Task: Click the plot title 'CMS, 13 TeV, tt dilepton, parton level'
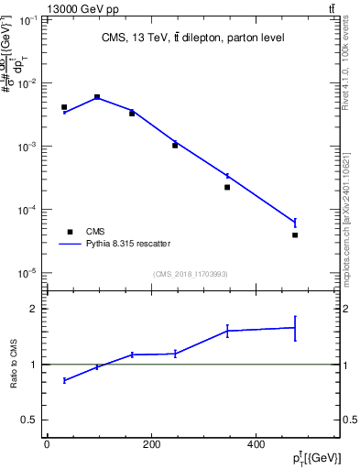(x=192, y=38)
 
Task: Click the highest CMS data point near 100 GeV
(x=97, y=96)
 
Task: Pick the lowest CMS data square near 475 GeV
(x=295, y=234)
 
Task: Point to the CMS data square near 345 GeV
(x=227, y=187)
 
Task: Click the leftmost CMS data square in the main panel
(x=64, y=107)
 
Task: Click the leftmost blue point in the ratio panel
(x=64, y=380)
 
